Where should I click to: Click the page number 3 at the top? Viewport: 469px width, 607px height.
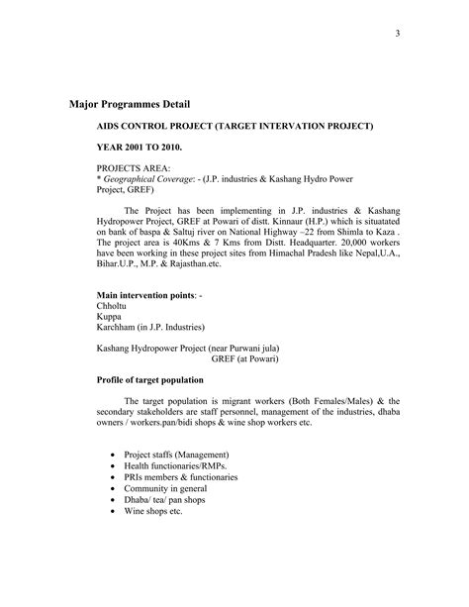tap(397, 37)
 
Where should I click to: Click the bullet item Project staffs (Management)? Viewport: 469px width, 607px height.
tap(178, 455)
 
